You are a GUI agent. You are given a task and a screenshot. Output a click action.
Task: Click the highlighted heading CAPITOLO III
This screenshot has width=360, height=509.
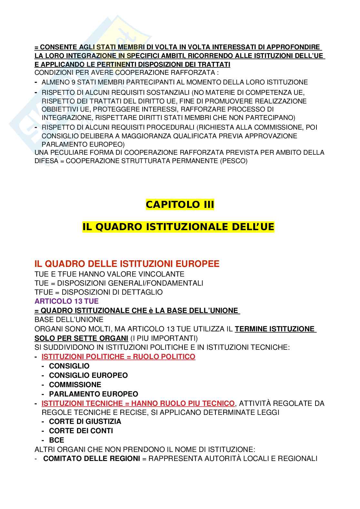point(180,204)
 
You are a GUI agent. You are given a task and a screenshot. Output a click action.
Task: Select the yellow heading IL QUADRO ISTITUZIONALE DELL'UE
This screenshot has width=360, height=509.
point(178,227)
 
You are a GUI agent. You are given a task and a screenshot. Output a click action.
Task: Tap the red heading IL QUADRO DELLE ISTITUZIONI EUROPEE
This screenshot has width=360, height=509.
point(127,264)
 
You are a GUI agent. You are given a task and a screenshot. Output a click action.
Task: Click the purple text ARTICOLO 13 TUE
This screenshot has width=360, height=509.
point(66,301)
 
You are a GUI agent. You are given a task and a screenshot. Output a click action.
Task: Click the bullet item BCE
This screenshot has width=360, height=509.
point(56,440)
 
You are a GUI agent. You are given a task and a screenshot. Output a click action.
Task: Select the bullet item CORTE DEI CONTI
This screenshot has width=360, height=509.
point(81,431)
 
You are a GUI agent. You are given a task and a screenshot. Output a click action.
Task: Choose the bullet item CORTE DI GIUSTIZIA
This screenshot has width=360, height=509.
point(85,421)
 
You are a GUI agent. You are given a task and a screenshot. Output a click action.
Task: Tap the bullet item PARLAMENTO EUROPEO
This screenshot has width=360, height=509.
point(93,394)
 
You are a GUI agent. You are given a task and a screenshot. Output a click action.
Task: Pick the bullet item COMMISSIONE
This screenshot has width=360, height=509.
point(75,385)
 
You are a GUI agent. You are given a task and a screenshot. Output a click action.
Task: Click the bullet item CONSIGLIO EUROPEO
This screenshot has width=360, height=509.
point(88,375)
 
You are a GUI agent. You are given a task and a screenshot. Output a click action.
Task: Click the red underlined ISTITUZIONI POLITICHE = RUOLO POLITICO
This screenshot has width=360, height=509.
point(118,357)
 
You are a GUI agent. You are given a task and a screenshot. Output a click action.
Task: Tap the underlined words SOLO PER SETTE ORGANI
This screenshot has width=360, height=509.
point(81,338)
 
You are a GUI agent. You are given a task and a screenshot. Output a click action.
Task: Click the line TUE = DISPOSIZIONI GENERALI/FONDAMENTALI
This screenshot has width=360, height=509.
point(119,283)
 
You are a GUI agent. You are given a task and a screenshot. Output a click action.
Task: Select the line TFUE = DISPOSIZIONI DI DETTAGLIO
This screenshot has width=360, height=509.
point(98,292)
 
